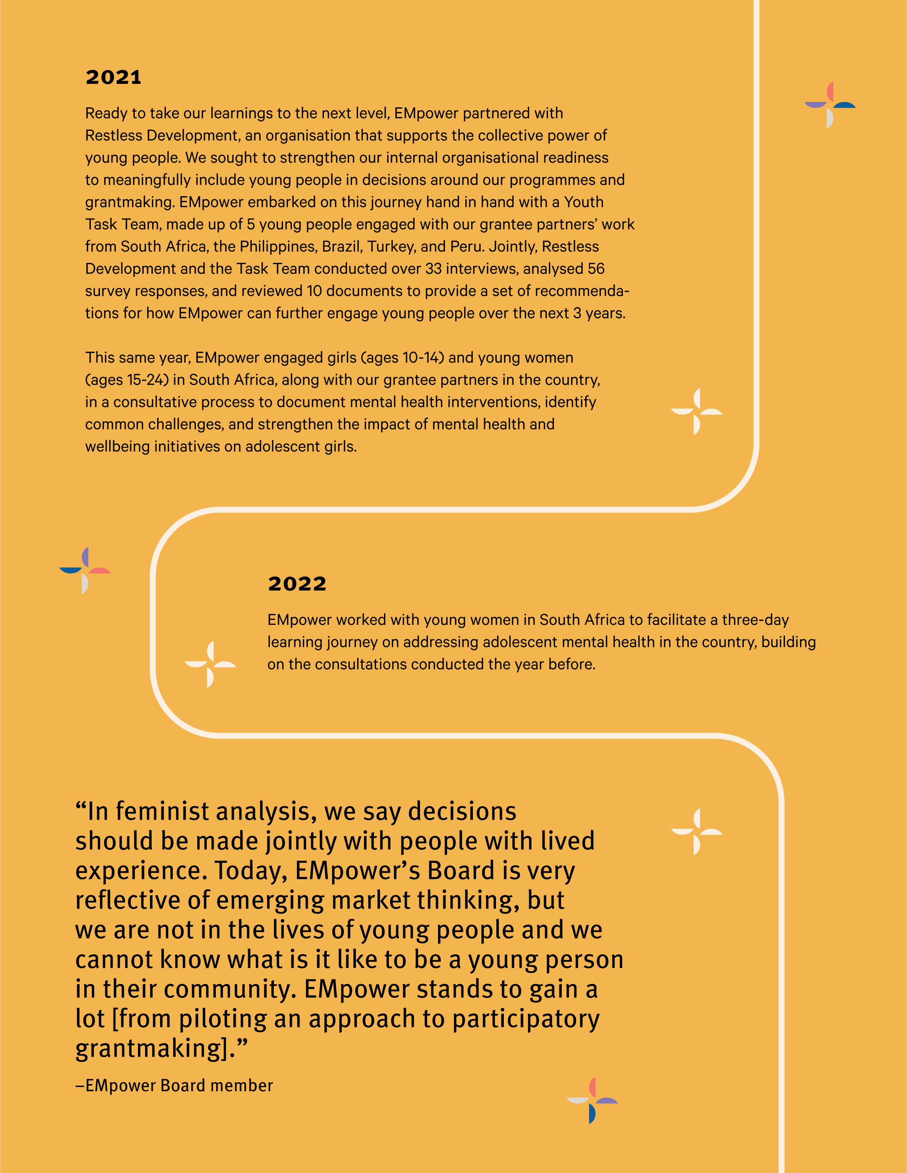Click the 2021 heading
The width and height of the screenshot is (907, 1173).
[x=113, y=77]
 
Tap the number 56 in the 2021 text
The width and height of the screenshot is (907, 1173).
[x=596, y=268]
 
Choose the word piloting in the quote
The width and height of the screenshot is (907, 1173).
[x=223, y=1019]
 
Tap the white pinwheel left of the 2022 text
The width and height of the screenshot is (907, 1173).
[x=210, y=664]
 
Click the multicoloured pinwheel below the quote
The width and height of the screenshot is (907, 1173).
[x=592, y=1100]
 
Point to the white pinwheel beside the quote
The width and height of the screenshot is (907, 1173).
[x=697, y=831]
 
